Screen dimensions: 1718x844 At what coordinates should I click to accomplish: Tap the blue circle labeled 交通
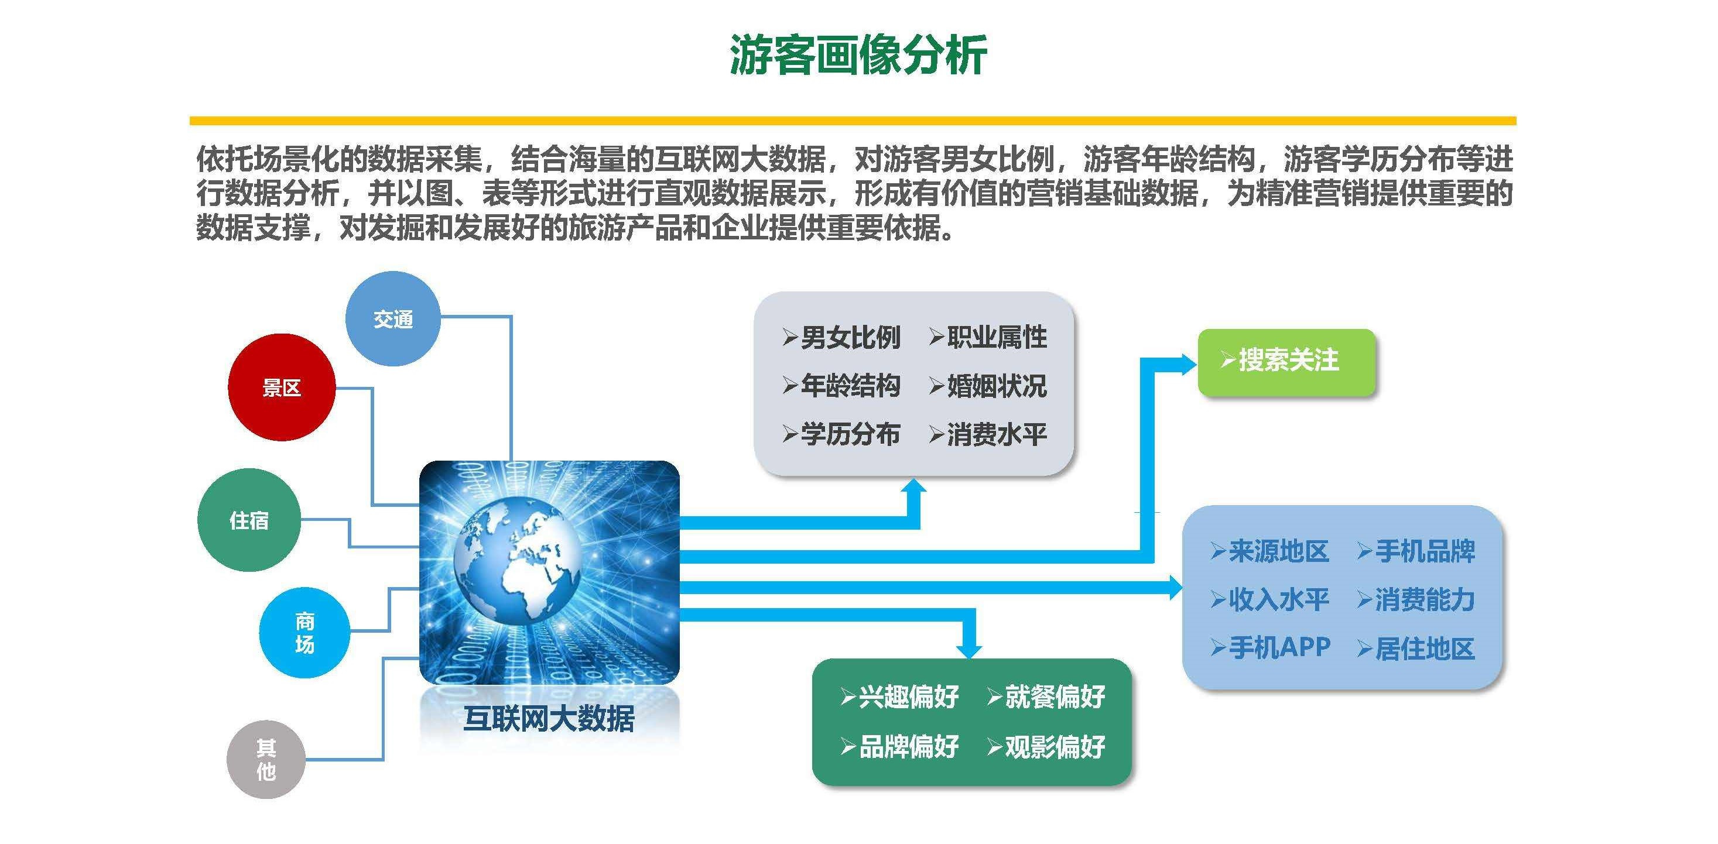click(393, 318)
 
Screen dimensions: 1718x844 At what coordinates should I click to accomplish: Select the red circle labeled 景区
click(282, 387)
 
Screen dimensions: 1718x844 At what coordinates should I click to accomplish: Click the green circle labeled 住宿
click(249, 520)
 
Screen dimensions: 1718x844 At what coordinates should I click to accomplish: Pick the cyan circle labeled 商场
click(304, 633)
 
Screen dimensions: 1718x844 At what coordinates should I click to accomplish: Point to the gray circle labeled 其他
click(266, 759)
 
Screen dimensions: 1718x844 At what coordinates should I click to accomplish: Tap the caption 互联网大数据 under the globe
click(549, 719)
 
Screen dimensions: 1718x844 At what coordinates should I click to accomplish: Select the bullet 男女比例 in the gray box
click(841, 337)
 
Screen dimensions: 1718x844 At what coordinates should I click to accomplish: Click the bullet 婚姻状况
click(988, 386)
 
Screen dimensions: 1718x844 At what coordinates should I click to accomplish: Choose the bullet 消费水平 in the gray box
click(988, 435)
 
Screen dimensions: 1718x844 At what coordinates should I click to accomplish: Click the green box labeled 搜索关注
click(1286, 363)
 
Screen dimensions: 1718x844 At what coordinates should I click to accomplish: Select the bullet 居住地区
click(1416, 649)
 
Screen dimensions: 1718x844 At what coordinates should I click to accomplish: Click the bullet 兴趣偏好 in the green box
click(899, 697)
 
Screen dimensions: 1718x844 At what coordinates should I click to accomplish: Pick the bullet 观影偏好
click(1046, 747)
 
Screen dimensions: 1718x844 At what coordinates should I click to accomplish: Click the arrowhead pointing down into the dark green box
click(969, 650)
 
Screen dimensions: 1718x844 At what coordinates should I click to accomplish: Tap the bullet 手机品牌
click(1416, 551)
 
